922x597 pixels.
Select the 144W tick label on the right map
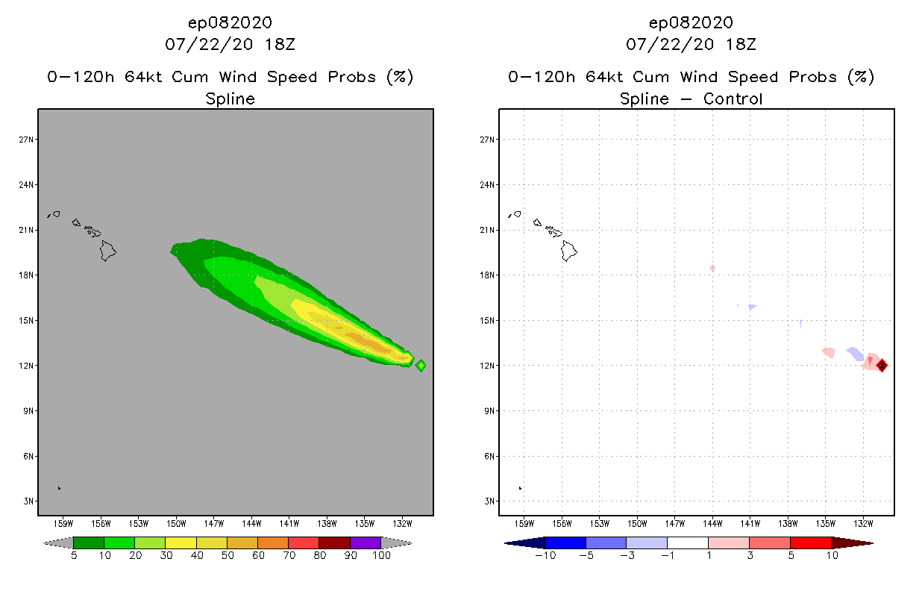coord(712,522)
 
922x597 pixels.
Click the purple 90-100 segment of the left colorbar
coord(366,543)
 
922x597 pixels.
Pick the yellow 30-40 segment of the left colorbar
coord(181,543)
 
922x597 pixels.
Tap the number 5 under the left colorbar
coord(74,555)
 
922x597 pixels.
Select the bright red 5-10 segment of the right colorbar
coord(810,543)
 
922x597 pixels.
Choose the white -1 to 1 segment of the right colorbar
coord(687,543)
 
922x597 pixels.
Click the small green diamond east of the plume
coord(421,366)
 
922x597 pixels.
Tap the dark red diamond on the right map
coord(882,366)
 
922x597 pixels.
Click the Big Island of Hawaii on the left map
coord(108,251)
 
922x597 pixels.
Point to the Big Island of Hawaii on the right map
coord(569,251)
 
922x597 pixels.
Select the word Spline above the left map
coord(230,99)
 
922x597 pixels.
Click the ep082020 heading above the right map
coord(691,22)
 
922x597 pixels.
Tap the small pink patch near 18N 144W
coord(712,268)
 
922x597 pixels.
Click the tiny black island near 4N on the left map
coord(59,488)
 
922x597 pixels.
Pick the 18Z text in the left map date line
coord(280,44)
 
